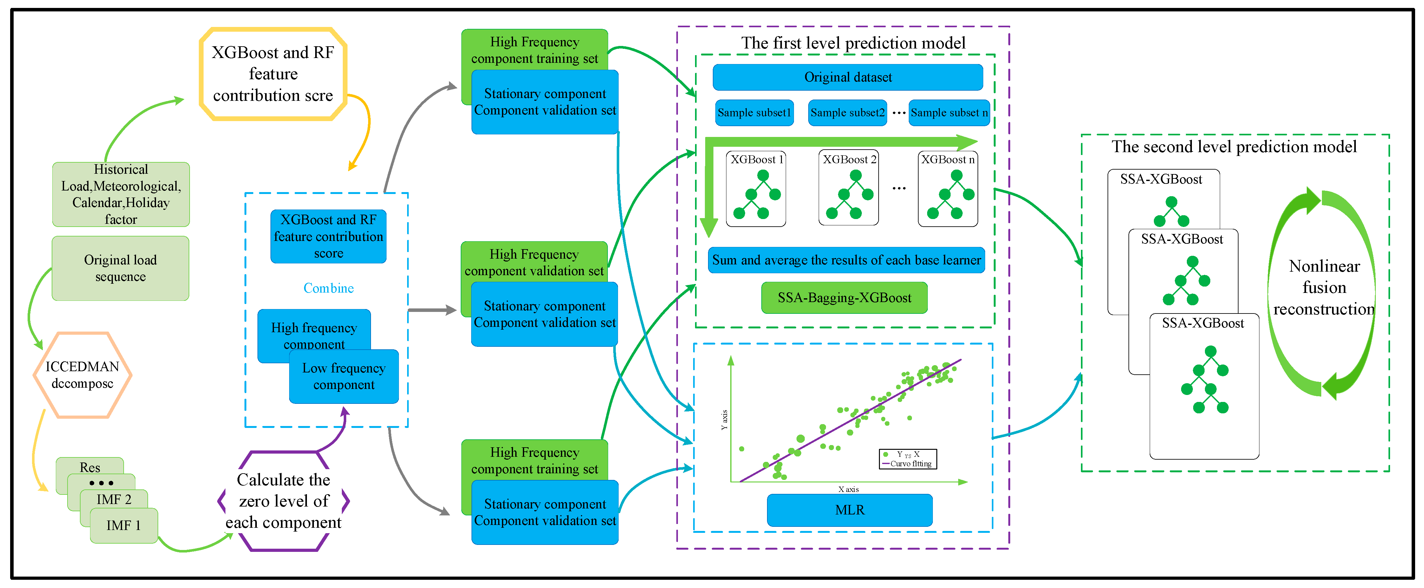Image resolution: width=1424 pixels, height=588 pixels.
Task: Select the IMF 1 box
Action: pos(124,526)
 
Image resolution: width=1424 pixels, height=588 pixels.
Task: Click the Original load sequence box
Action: pos(120,268)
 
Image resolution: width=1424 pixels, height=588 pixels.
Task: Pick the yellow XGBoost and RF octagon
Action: pos(273,74)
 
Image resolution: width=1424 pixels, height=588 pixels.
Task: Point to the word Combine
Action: pos(328,288)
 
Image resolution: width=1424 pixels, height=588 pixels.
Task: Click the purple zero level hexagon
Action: pos(283,501)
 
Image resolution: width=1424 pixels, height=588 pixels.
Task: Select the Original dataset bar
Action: pos(848,77)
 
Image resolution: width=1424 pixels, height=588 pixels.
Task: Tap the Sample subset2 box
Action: pos(847,113)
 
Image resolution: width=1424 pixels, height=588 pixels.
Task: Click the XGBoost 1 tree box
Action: pos(756,189)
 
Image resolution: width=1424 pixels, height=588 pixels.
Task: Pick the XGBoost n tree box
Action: pos(947,189)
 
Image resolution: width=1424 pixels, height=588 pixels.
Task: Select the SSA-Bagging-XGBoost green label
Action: pos(844,298)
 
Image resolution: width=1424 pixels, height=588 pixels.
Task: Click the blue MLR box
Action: pos(850,510)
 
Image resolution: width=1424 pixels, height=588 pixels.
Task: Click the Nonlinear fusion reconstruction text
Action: pos(1324,288)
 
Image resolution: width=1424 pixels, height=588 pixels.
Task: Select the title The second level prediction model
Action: pos(1234,147)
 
